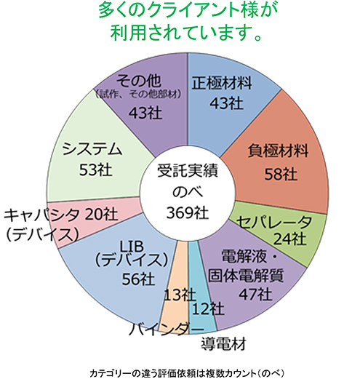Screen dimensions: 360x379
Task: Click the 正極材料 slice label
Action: (222, 83)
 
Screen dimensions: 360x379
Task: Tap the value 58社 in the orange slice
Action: (281, 174)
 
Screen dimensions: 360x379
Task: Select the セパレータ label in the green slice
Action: (274, 222)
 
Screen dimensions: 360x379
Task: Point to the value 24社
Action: (289, 239)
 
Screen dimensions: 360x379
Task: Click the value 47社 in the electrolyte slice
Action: (255, 294)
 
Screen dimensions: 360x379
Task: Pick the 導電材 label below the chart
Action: (223, 343)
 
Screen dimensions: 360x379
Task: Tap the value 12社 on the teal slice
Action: (208, 308)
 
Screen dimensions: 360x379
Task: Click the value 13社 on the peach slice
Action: (180, 295)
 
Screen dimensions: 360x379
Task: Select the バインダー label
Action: (167, 329)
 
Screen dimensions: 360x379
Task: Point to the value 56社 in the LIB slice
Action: (138, 279)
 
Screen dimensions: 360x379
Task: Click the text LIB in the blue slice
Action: (132, 246)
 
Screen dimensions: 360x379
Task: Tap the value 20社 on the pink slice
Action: (102, 214)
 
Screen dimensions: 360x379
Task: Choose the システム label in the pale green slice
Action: (92, 148)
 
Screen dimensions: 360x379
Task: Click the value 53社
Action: (96, 169)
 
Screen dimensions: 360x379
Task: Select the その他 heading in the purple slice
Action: (138, 81)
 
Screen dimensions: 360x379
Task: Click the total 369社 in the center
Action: (188, 213)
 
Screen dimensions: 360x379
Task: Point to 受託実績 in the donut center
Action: (188, 170)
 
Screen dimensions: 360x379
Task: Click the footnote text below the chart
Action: (186, 373)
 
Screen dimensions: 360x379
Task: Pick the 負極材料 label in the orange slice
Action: (278, 151)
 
